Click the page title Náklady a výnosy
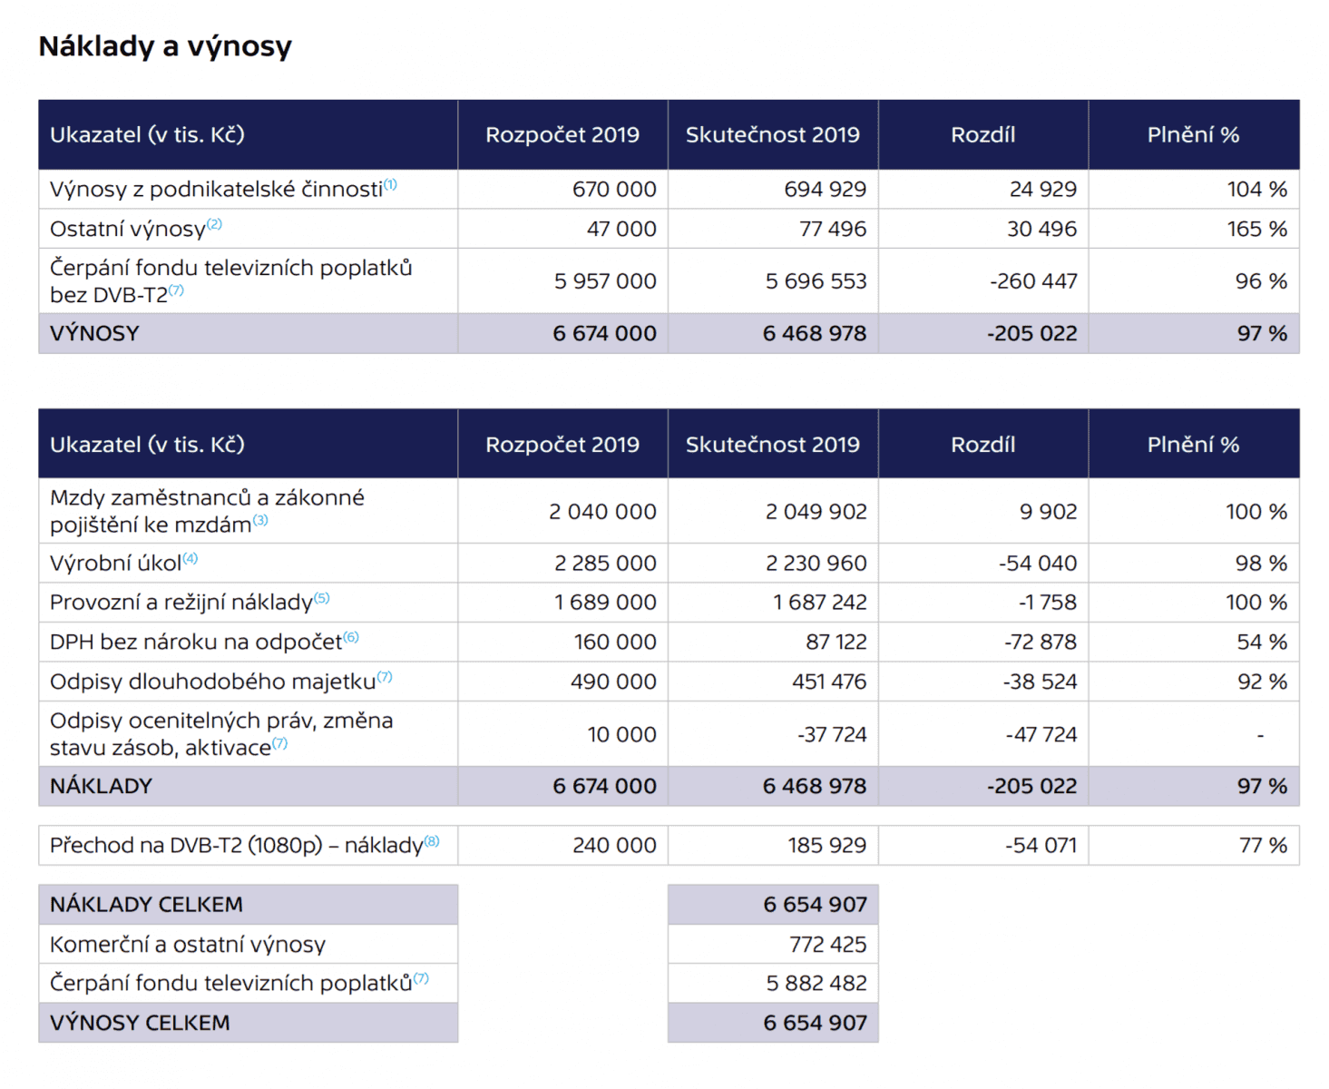coord(165,46)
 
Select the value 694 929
coord(825,190)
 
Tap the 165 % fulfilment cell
coord(1256,230)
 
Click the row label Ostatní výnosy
coord(128,230)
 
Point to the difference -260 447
coord(1033,281)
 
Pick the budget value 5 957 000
coord(605,281)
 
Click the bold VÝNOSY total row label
coord(94,334)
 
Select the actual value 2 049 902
coord(816,512)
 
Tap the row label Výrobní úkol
coord(116,564)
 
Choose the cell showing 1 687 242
coord(819,603)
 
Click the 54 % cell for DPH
coord(1262,643)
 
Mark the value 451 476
coord(828,682)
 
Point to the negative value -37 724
coord(832,734)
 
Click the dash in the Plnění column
coord(1260,735)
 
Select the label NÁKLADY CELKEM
coord(146,905)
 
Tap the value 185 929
coord(826,846)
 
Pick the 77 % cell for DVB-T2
coord(1263,846)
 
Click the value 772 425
coord(827,945)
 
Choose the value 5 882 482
coord(816,984)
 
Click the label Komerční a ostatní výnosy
coord(188,945)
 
